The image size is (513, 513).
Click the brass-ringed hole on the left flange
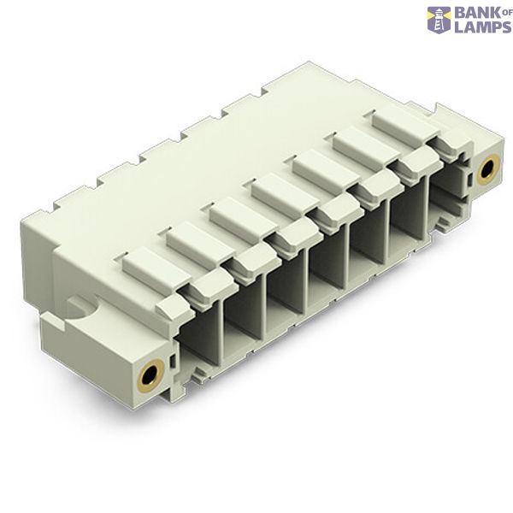point(150,373)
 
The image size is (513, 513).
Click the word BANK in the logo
point(475,14)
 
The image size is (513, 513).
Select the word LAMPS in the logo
point(482,27)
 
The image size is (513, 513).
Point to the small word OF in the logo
point(504,13)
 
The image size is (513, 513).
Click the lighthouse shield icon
point(439,20)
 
